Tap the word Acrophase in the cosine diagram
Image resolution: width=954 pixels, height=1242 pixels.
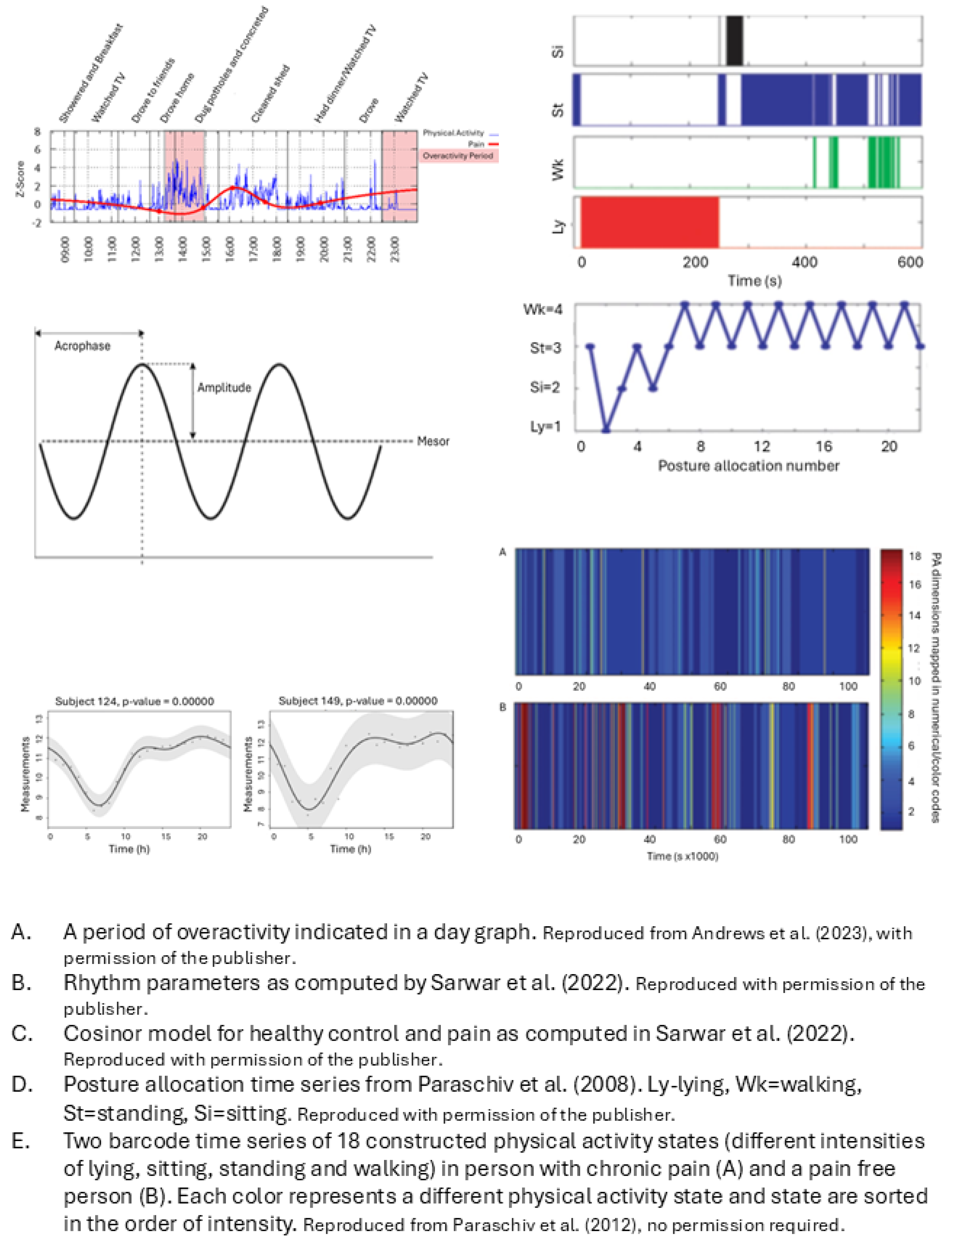point(82,346)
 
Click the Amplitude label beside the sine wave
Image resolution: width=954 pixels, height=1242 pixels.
point(224,388)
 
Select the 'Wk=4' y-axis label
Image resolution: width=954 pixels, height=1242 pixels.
point(543,309)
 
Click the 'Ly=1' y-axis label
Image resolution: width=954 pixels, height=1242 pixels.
point(545,426)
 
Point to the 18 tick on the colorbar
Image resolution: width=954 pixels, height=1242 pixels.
point(914,556)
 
